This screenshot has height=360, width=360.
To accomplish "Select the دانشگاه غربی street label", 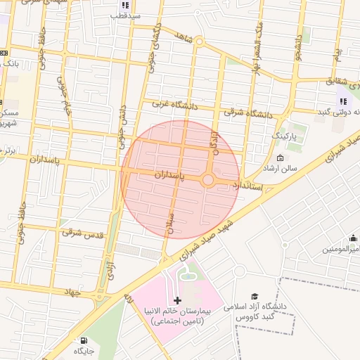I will point(172,104).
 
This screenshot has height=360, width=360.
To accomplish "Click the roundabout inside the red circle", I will point(208,180).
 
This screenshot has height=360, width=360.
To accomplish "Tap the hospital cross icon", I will point(177,300).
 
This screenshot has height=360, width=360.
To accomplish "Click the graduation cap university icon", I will point(255,297).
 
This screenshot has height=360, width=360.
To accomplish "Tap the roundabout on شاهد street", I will point(199,41).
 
